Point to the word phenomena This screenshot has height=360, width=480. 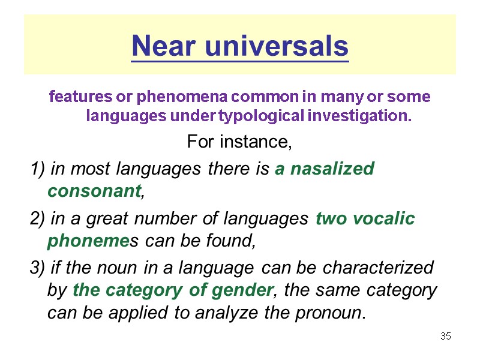(177, 96)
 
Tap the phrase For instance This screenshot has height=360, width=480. (239, 143)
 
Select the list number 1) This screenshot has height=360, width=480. (38, 169)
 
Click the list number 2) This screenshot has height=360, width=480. (38, 219)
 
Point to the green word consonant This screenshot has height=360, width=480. (95, 191)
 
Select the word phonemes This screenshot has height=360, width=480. (92, 241)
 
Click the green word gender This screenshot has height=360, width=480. (242, 291)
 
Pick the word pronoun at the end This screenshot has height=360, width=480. (333, 313)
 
